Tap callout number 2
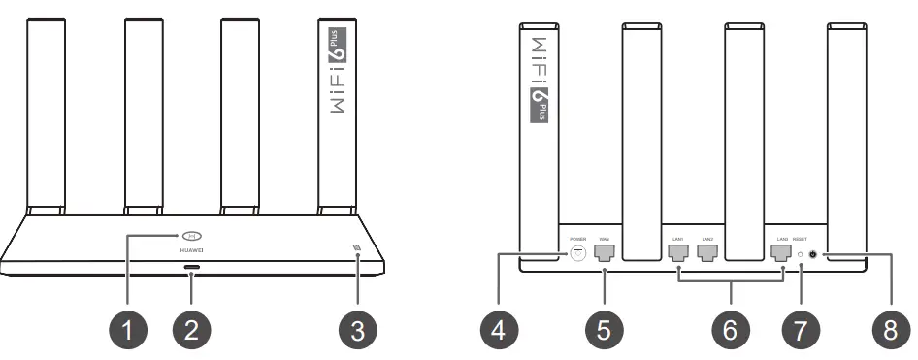pyautogui.click(x=191, y=330)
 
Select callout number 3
pyautogui.click(x=358, y=330)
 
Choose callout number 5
pyautogui.click(x=604, y=330)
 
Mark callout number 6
pyautogui.click(x=730, y=330)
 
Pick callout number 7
pyautogui.click(x=801, y=330)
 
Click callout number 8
pyautogui.click(x=890, y=330)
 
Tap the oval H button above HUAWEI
pyautogui.click(x=191, y=237)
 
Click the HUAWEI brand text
pyautogui.click(x=191, y=251)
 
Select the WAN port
pyautogui.click(x=604, y=254)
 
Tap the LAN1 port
pyautogui.click(x=678, y=254)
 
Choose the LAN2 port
pyautogui.click(x=707, y=254)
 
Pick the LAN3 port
pyautogui.click(x=781, y=254)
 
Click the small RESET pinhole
pyautogui.click(x=801, y=255)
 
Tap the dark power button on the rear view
pyautogui.click(x=823, y=255)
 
